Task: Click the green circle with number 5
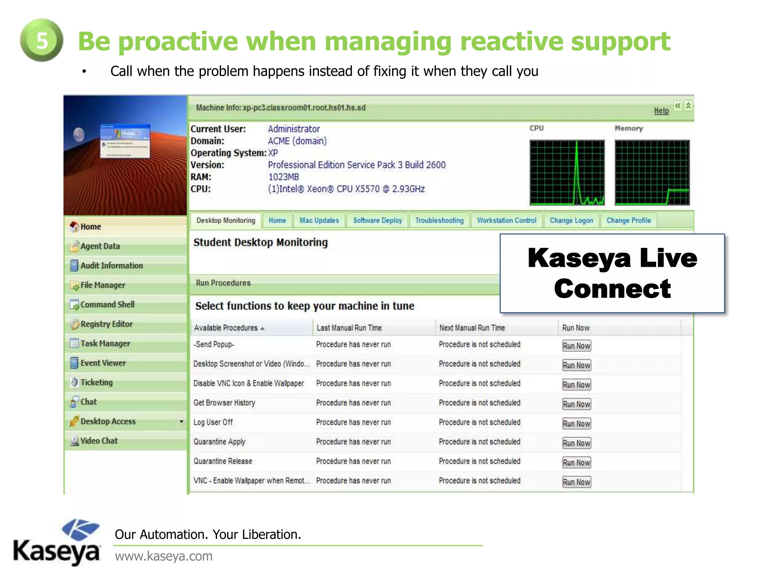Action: [x=41, y=40]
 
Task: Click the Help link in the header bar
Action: [x=661, y=110]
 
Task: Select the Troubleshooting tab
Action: [x=439, y=221]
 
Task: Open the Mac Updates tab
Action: [x=319, y=221]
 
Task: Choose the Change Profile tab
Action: [x=628, y=221]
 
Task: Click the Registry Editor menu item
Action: [x=106, y=324]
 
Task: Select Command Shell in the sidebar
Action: [x=107, y=304]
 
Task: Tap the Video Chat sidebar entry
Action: [x=99, y=441]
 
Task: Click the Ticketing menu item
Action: [x=96, y=382]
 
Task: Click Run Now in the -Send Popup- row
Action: [x=576, y=346]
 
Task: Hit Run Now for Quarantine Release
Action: [x=576, y=462]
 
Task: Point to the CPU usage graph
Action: [x=567, y=172]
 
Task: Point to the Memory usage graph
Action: [x=652, y=172]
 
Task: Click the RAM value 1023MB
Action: [x=283, y=177]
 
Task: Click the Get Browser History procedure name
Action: [x=224, y=403]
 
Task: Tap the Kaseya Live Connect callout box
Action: [x=612, y=273]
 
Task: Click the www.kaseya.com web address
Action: [x=164, y=556]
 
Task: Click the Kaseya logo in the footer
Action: [x=57, y=542]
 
